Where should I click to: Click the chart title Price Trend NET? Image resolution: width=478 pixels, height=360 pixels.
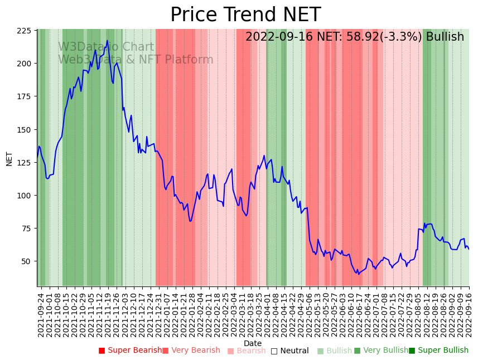click(x=245, y=14)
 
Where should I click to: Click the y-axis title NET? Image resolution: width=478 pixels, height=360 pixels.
click(x=9, y=158)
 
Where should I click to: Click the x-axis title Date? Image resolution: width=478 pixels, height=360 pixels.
click(x=253, y=343)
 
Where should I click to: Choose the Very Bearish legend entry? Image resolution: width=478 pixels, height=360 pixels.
click(x=191, y=351)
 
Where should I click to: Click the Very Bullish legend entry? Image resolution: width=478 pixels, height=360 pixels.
click(x=382, y=351)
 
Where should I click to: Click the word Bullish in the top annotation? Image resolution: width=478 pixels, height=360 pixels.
click(x=445, y=37)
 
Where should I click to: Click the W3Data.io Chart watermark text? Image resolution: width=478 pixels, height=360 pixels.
click(x=106, y=47)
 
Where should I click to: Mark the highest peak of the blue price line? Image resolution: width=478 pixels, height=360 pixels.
click(x=107, y=41)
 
